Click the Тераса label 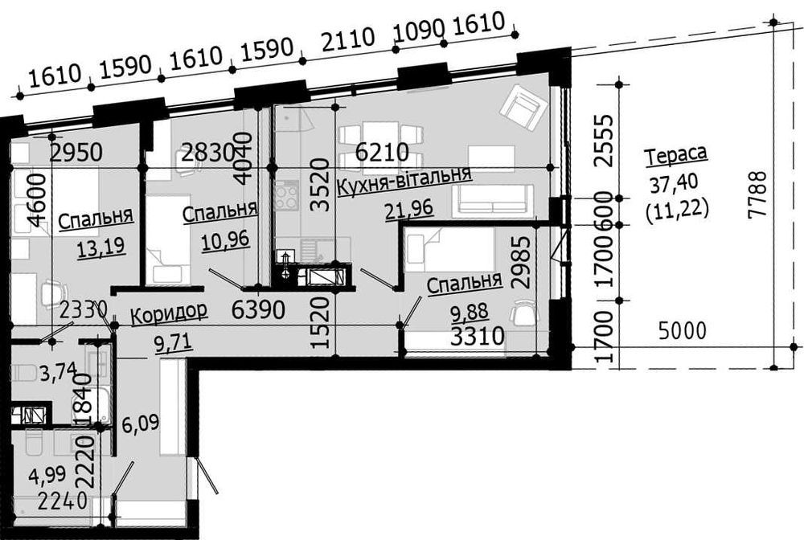tap(675, 155)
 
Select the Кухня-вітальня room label tap(404, 181)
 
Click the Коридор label tap(169, 313)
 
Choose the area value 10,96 tap(225, 239)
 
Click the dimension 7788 tap(757, 195)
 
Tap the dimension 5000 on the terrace tap(682, 331)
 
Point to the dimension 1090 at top tap(418, 32)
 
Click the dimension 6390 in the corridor tap(258, 309)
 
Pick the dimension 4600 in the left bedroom tap(38, 200)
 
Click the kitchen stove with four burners tap(286, 196)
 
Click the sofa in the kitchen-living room tap(490, 200)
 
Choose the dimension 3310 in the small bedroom tap(478, 337)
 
